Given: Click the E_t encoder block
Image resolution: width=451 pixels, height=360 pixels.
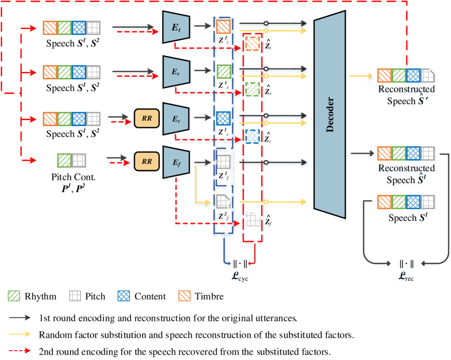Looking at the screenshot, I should pyautogui.click(x=176, y=27).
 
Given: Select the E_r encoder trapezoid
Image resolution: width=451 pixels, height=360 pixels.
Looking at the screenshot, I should pyautogui.click(x=176, y=71).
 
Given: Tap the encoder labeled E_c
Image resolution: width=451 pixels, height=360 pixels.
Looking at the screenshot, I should pyautogui.click(x=176, y=117).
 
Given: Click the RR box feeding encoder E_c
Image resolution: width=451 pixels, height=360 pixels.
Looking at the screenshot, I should pyautogui.click(x=147, y=117).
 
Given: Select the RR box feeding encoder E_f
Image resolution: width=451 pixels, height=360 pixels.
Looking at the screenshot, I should pyautogui.click(x=147, y=161).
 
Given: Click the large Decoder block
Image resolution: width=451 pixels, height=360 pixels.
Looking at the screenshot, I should pyautogui.click(x=329, y=115).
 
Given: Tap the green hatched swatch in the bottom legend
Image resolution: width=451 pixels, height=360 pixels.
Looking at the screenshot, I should pyautogui.click(x=14, y=295).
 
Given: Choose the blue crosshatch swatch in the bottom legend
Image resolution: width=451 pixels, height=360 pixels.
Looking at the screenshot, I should pyautogui.click(x=124, y=295).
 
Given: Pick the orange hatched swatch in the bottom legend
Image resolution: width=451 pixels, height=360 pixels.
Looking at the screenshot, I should pyautogui.click(x=185, y=295).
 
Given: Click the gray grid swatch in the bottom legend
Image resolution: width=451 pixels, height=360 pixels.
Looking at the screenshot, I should pyautogui.click(x=75, y=295).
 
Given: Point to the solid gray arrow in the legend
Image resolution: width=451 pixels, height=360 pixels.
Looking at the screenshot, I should pyautogui.click(x=20, y=317).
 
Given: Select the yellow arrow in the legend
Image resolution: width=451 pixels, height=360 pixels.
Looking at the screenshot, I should pyautogui.click(x=20, y=334).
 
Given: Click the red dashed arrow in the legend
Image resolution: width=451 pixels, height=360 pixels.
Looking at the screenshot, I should pyautogui.click(x=20, y=350).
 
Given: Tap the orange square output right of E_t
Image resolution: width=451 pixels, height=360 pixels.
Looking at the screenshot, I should pyautogui.click(x=223, y=27).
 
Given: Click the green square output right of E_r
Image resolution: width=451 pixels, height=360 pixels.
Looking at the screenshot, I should pyautogui.click(x=223, y=71).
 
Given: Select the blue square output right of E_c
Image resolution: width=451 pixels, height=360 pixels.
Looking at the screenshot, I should pyautogui.click(x=223, y=117).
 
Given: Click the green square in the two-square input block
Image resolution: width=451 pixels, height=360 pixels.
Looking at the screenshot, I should pyautogui.click(x=65, y=160).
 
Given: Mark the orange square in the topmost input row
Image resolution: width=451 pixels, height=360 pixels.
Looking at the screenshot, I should pyautogui.click(x=50, y=28).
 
